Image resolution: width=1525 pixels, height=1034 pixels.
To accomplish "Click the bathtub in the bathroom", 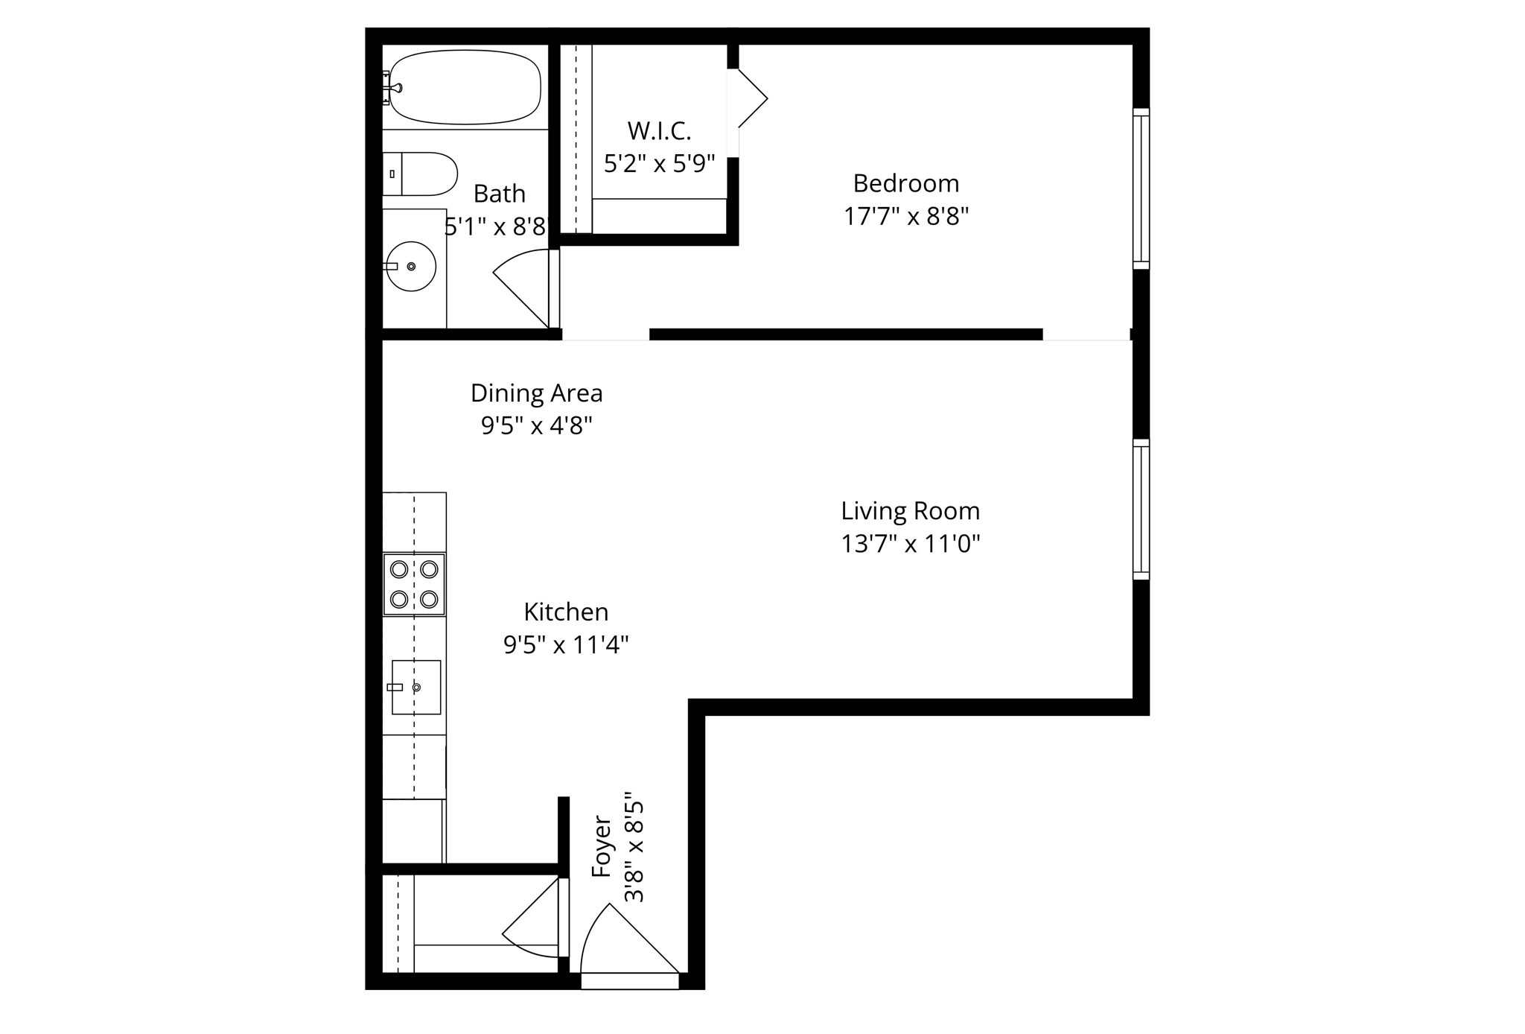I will (465, 87).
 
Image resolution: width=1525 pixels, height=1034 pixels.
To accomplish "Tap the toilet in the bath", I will (421, 174).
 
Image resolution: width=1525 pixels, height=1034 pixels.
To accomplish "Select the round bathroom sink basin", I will (411, 266).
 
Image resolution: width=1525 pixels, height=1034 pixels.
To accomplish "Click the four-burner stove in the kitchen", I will (414, 584).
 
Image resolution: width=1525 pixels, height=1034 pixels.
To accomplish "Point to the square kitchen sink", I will (416, 687).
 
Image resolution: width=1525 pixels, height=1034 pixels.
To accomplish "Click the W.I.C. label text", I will (659, 131).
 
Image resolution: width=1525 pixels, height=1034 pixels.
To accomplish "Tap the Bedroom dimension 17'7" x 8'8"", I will (905, 217).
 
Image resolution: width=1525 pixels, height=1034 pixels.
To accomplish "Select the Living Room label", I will (910, 511).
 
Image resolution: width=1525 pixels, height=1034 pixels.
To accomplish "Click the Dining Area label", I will (536, 393).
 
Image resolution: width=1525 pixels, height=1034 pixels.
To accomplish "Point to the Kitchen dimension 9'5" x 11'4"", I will (566, 644).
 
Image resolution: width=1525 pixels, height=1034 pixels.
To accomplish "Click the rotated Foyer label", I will (601, 847).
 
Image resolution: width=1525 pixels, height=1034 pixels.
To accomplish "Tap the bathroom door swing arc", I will (521, 287).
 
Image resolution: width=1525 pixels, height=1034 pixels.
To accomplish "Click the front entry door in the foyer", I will (629, 942).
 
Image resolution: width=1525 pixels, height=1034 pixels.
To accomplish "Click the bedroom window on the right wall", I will (1141, 188).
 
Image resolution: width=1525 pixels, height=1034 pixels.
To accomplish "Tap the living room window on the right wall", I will (1141, 510).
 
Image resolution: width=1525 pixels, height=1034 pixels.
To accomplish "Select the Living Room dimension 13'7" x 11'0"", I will (910, 544).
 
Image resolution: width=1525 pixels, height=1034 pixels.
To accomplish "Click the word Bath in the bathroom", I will (499, 194).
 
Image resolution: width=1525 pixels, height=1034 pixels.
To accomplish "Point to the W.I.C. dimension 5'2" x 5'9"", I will (659, 164).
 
